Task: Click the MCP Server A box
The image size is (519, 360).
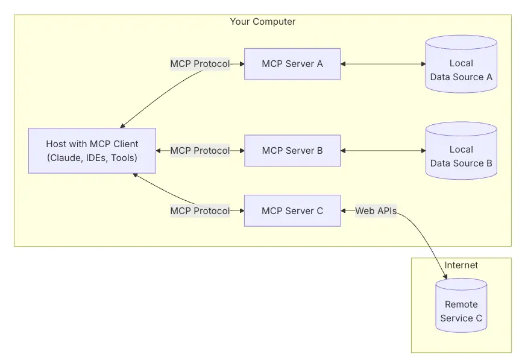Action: pos(292,64)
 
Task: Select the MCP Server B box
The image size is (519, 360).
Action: pos(292,151)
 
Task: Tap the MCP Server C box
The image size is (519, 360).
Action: pos(292,210)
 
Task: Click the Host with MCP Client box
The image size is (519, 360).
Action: pos(92,151)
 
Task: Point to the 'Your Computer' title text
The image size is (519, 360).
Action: pos(263,22)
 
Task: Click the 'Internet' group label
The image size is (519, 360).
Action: pos(461,265)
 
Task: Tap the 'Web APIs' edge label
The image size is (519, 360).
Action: pos(376,210)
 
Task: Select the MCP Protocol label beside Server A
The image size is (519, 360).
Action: pos(200,64)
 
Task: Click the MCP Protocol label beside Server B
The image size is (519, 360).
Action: pos(200,151)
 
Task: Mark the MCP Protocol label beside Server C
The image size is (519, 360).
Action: pos(200,210)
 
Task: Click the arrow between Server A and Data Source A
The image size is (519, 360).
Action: pos(383,64)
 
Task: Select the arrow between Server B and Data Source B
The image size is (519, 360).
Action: pos(383,151)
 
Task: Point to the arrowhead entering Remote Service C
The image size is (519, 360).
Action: pos(445,276)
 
